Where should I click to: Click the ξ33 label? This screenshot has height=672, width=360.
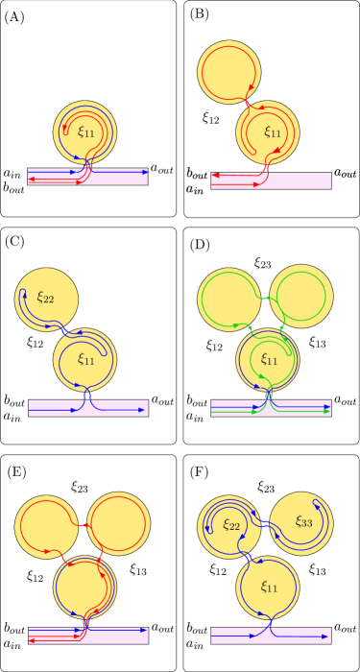coord(303,522)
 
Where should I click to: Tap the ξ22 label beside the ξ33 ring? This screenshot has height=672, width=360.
coord(231,524)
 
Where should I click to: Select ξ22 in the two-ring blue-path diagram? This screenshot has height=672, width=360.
coord(45,298)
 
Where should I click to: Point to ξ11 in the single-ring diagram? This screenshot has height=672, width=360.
coord(86,132)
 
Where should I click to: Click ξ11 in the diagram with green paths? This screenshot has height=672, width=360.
coord(270,360)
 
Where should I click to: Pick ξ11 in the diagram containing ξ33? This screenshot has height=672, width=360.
coord(270,585)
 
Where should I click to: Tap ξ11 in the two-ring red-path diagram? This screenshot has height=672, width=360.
coord(273,132)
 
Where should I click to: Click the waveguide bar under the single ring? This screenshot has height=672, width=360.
coord(87,177)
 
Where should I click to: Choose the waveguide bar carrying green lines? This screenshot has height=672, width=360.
coord(271,408)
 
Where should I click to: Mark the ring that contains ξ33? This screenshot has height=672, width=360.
coord(301,524)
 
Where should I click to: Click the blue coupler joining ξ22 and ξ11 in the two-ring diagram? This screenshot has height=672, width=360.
coord(64,330)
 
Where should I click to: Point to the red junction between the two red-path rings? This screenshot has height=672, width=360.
coord(249,103)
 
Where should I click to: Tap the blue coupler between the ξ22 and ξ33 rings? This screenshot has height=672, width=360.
coord(265,523)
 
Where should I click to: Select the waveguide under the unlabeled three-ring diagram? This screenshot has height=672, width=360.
coord(87,635)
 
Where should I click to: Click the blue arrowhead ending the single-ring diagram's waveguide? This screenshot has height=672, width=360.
coord(145,171)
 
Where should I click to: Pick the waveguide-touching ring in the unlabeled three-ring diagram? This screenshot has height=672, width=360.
coord(84,588)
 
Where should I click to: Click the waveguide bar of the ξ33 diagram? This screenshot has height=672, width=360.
coord(271,636)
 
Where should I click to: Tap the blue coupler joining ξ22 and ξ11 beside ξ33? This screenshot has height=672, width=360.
coord(249,557)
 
